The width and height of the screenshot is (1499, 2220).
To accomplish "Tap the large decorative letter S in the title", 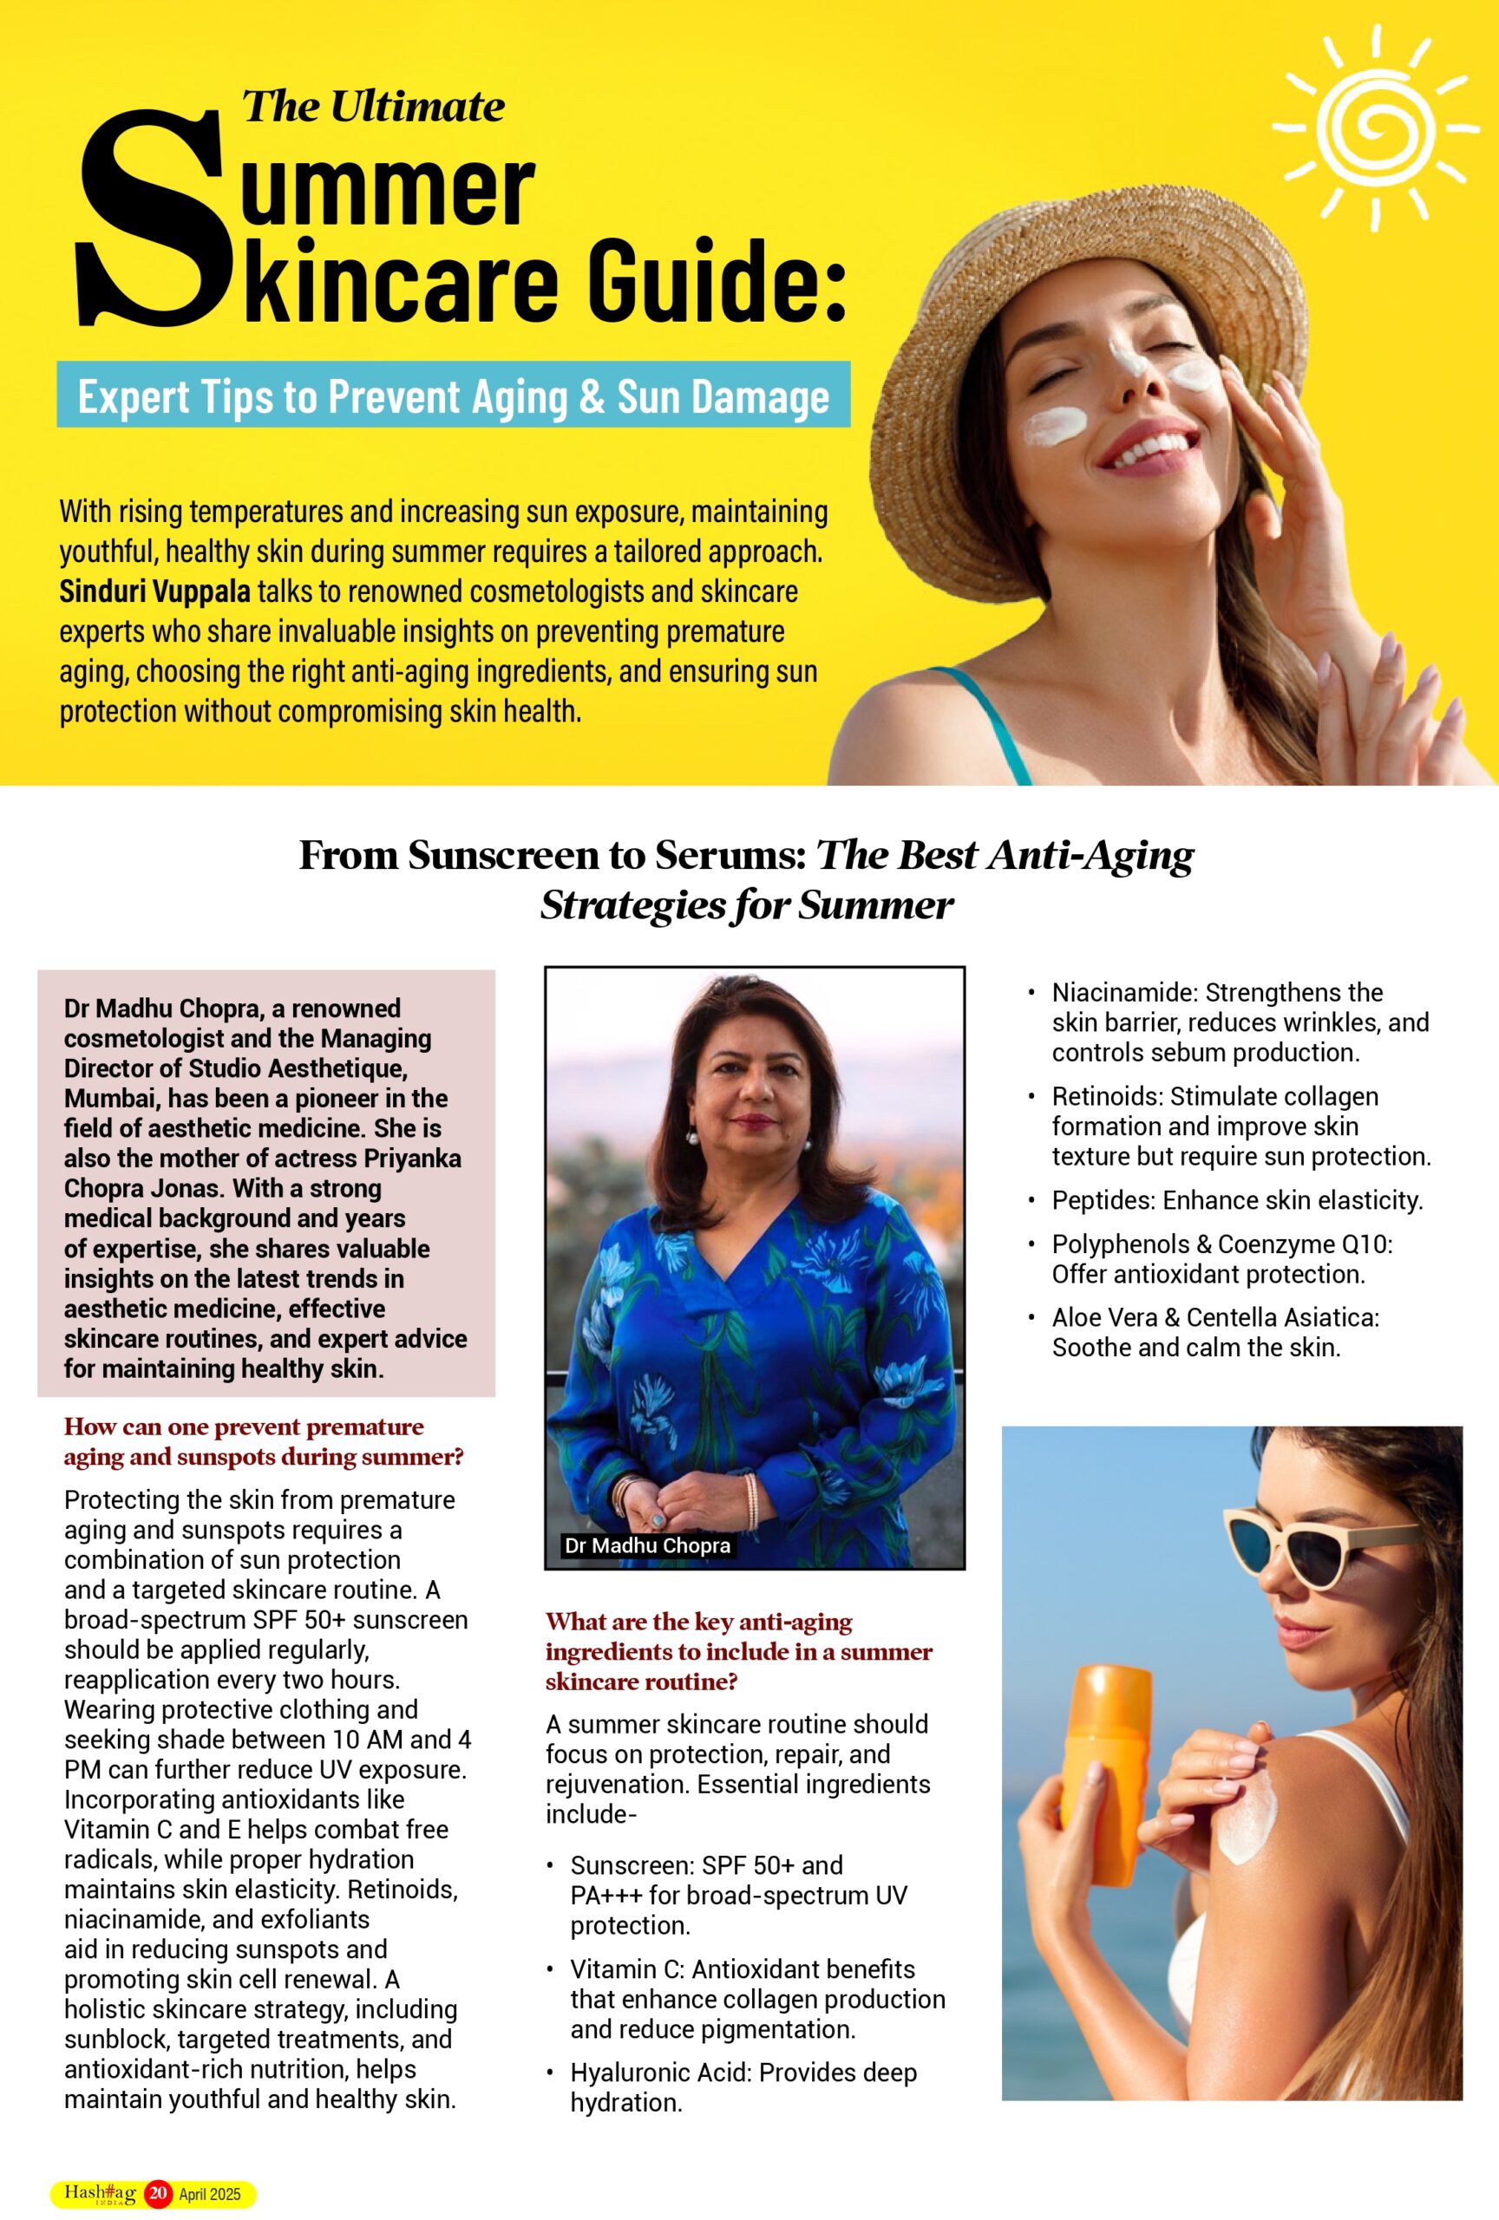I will coord(153,219).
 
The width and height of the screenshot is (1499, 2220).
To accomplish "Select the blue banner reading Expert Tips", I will coord(453,395).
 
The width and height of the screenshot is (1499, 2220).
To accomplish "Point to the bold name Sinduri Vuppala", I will coord(154,591).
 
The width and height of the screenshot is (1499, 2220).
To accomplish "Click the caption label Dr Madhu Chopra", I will coord(647,1544).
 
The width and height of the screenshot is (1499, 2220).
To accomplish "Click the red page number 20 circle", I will coord(158,2193).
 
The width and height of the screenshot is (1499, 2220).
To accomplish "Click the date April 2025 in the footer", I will coord(210,2194).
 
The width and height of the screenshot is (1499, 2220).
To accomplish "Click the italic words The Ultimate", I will coord(373,106).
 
